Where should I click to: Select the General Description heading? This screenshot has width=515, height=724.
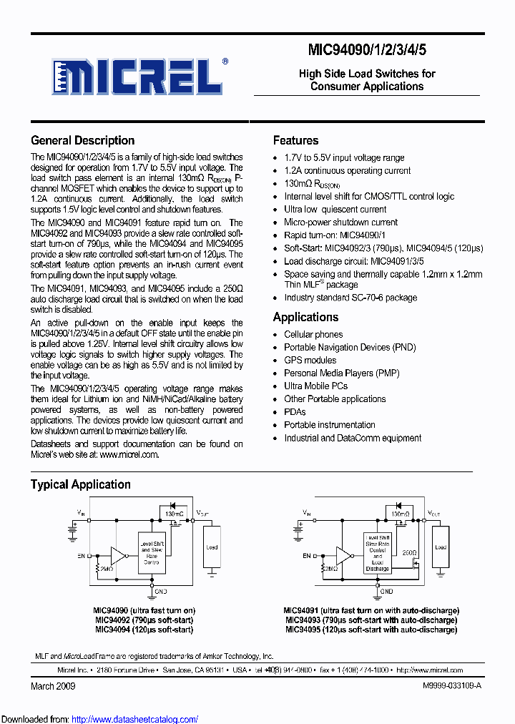coord(82,140)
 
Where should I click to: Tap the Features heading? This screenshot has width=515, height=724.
coord(295,140)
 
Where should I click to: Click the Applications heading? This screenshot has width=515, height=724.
coord(305,317)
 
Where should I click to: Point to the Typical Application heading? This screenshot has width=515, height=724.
coord(80,484)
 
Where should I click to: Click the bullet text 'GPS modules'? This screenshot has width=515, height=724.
coord(310,360)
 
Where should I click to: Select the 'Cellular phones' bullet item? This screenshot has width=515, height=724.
coord(313,334)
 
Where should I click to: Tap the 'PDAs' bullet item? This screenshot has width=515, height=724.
coord(295,411)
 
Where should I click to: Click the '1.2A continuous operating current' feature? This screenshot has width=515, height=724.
coord(347,170)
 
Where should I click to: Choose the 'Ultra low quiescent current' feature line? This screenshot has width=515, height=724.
coord(335,209)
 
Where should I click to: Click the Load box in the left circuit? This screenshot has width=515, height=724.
coord(212,547)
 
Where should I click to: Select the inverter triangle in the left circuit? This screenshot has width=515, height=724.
coord(117,555)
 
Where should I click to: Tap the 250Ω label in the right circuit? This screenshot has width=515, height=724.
coord(410,552)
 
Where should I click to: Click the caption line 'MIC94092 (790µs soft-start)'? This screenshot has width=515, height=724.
coord(144,620)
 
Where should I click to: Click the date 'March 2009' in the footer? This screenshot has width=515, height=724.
coord(53,685)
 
